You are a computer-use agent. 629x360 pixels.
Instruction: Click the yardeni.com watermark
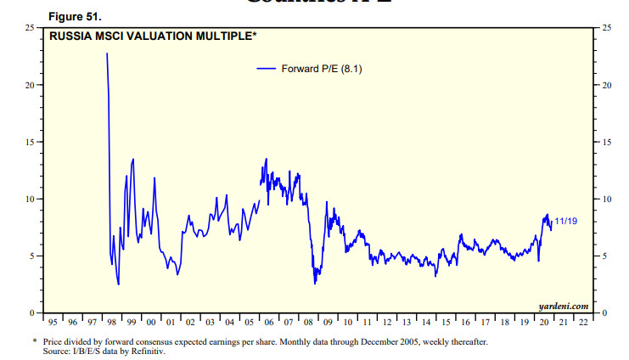click(563, 306)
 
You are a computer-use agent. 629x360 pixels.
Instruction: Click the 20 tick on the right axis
click(606, 85)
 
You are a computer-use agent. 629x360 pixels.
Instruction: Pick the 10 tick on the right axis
click(606, 199)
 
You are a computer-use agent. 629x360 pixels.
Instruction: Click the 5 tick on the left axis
click(31, 256)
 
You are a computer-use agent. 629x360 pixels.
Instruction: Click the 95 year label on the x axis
click(53, 323)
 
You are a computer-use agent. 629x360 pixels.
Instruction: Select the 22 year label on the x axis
click(583, 323)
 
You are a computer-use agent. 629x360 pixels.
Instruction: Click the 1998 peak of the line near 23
click(107, 54)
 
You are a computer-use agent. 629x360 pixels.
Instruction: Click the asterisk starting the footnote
click(34, 342)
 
